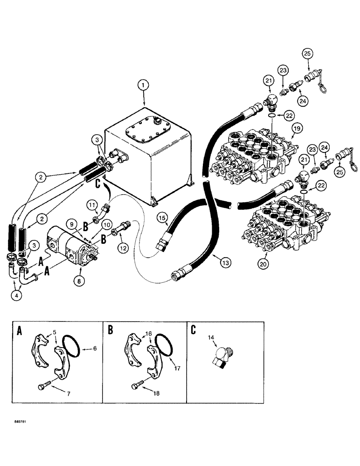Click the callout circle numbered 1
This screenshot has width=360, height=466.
click(x=144, y=86)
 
